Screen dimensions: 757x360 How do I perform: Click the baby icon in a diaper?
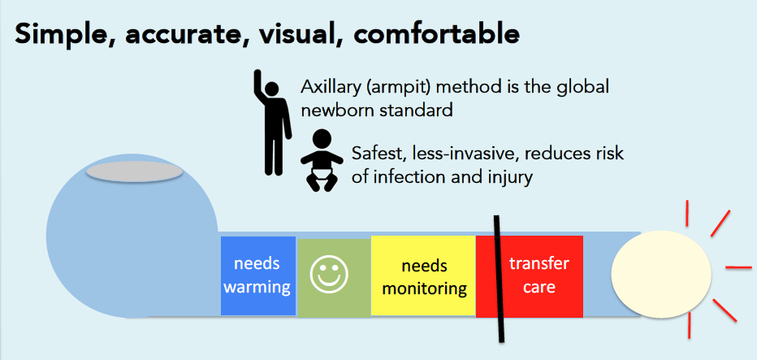click(319, 161)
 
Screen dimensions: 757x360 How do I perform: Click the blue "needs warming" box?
click(258, 276)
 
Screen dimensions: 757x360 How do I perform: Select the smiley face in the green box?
click(329, 275)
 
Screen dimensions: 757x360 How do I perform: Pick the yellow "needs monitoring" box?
click(423, 276)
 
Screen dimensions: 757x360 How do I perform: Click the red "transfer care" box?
click(530, 276)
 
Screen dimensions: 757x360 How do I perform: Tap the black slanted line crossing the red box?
click(499, 279)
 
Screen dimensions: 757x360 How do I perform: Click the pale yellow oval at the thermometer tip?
click(661, 275)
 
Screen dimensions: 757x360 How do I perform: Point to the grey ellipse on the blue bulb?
click(135, 171)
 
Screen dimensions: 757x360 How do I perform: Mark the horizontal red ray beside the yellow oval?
click(738, 267)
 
